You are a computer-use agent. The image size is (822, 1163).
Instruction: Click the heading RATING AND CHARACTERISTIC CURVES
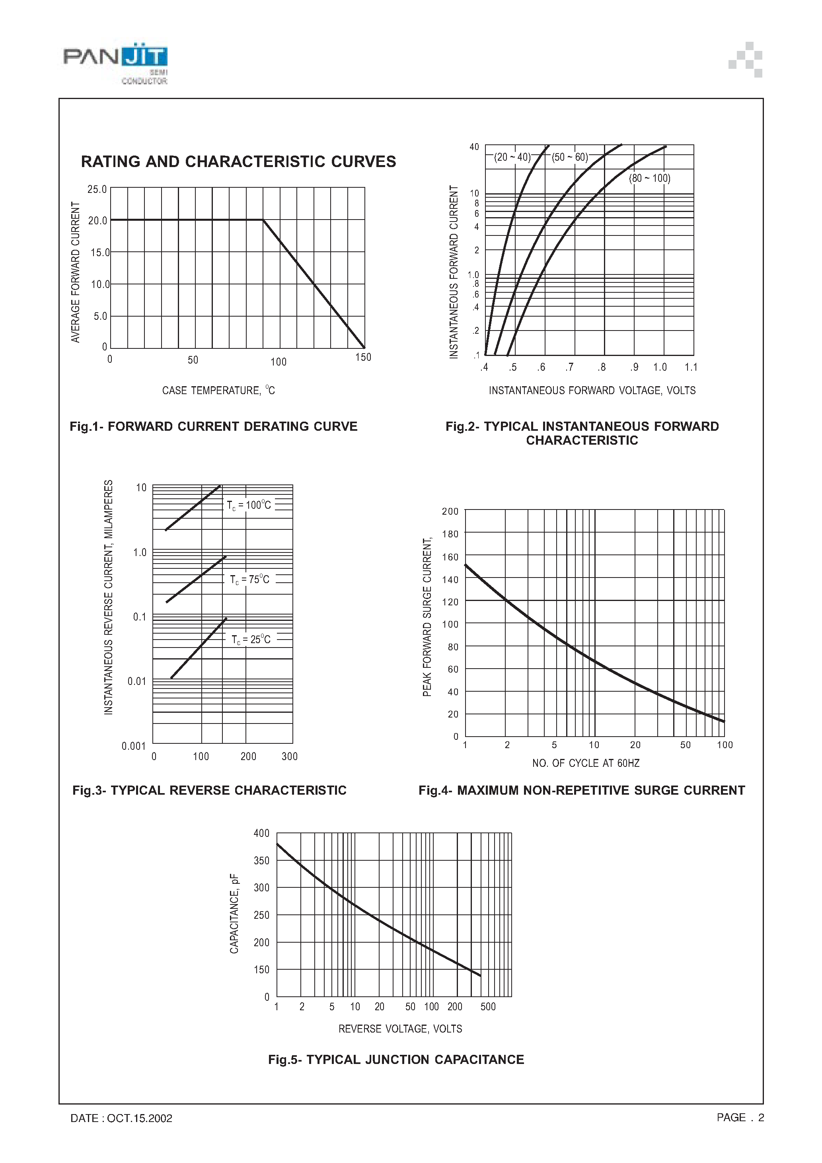[238, 161]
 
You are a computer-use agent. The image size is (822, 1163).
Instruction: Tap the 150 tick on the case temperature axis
[363, 358]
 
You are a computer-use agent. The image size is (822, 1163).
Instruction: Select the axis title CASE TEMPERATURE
[218, 391]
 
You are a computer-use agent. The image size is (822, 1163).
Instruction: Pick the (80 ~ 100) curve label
[649, 178]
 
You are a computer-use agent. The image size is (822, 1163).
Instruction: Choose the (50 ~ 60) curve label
[570, 157]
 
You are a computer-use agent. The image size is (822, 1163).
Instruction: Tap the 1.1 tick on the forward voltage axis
[691, 367]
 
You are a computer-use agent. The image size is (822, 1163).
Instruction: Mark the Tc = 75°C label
[249, 580]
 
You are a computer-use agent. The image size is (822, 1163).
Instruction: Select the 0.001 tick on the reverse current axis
[133, 746]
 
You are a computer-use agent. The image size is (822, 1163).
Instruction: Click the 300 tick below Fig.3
[289, 756]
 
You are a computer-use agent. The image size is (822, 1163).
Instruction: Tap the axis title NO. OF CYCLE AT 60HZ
[585, 763]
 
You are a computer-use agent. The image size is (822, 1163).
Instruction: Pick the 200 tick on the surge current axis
[450, 511]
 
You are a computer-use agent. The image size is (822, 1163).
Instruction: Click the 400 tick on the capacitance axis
[261, 833]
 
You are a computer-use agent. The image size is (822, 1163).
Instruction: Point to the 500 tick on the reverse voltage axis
[488, 1006]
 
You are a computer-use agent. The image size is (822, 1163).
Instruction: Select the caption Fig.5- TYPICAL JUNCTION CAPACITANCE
[396, 1060]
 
